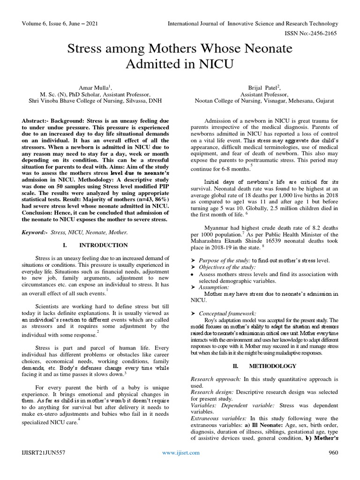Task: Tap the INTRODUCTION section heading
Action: pos(110,245)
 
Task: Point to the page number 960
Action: pos(333,452)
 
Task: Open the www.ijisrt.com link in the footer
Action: pos(180,452)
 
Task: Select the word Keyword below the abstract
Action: pos(34,232)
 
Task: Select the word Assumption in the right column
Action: pos(214,287)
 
